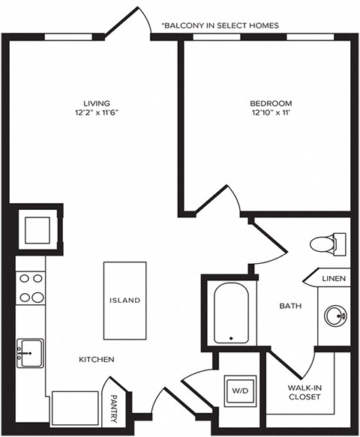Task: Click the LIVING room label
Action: (x=97, y=103)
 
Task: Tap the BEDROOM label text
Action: (x=271, y=103)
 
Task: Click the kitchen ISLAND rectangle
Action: (x=123, y=300)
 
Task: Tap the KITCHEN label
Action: (x=97, y=360)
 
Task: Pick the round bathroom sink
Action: (x=335, y=316)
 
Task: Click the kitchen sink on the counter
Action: (x=30, y=351)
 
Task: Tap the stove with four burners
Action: (x=31, y=288)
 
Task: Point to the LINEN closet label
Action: (x=333, y=279)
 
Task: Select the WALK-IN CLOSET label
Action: (x=304, y=392)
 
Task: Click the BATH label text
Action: (x=290, y=306)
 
